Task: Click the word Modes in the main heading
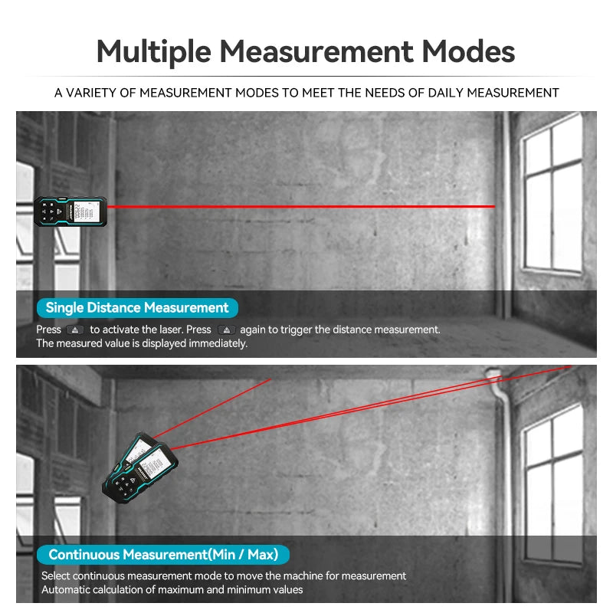pos(469,52)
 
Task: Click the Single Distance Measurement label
pos(136,308)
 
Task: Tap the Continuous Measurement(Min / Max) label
pos(163,554)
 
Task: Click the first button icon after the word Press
pos(75,329)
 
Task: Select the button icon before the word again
pos(226,329)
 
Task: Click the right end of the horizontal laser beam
pos(494,206)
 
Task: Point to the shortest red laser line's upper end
pos(270,379)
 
